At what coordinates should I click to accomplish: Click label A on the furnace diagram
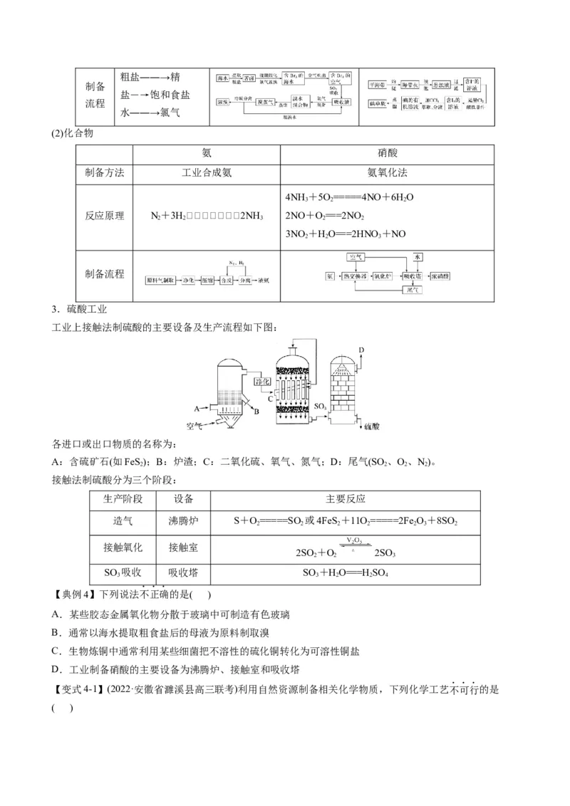(196, 408)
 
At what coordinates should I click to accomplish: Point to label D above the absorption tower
(361, 350)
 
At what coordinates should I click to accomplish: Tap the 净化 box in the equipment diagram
(262, 382)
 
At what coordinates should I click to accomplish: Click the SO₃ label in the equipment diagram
(320, 407)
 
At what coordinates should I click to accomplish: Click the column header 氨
(207, 153)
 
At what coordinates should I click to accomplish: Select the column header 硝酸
(387, 153)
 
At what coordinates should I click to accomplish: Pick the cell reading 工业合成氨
(207, 173)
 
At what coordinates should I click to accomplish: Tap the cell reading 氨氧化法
(387, 173)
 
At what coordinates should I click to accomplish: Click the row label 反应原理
(104, 216)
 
